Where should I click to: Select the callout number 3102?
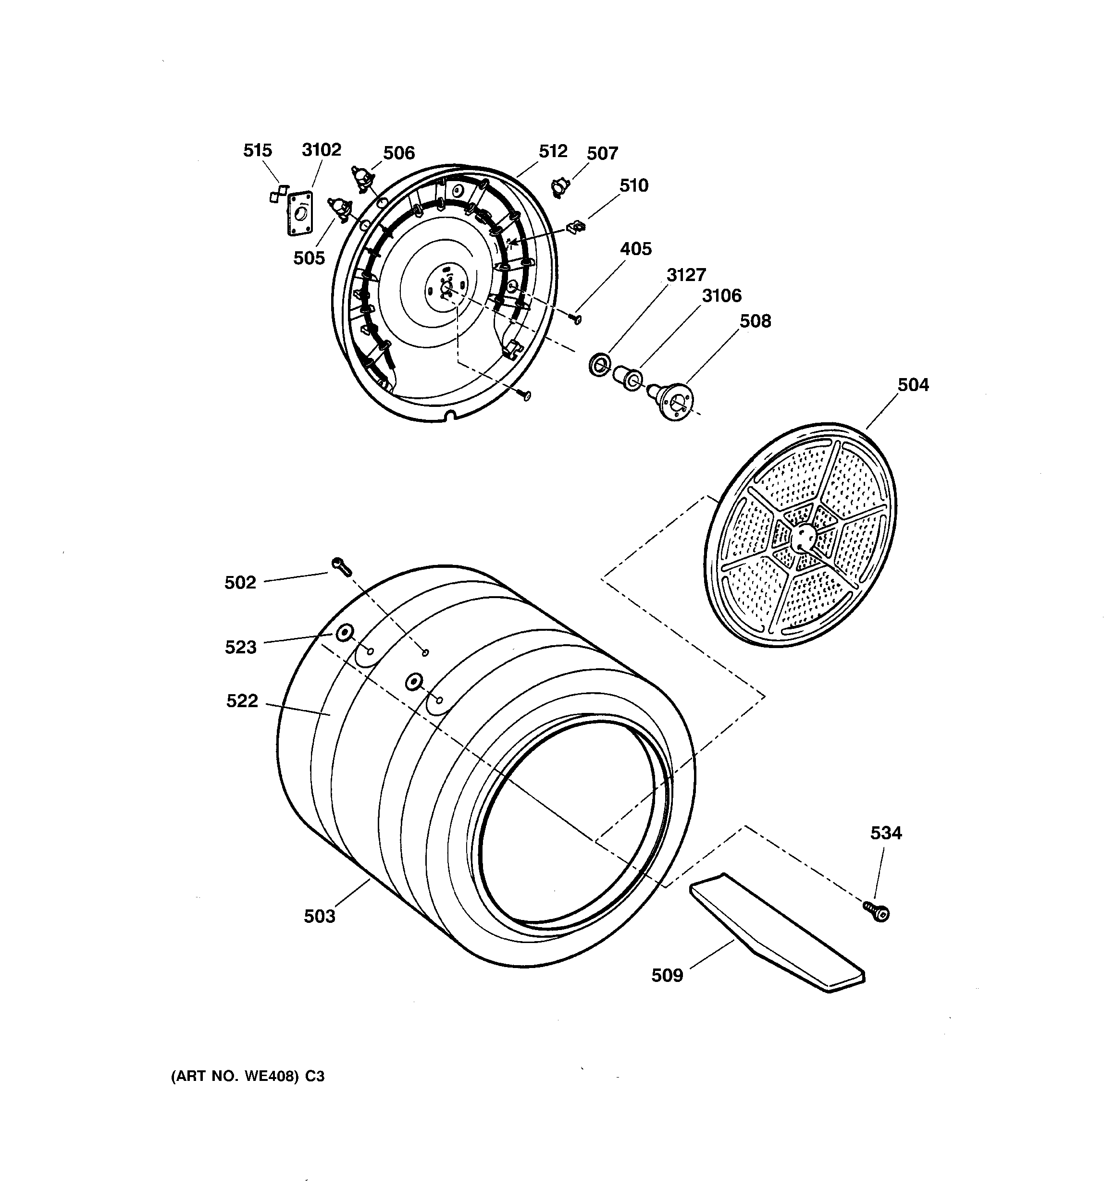[x=322, y=149]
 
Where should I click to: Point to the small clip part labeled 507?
[x=559, y=187]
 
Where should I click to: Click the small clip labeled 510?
[x=576, y=227]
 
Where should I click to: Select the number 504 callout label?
[x=913, y=385]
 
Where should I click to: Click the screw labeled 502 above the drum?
[x=341, y=565]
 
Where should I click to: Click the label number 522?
[x=242, y=700]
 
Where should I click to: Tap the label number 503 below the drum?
[x=320, y=916]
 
